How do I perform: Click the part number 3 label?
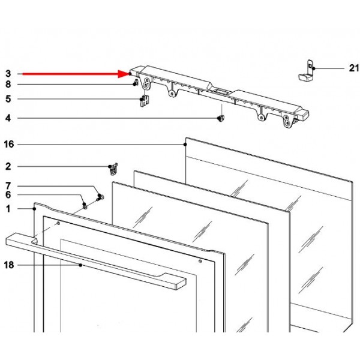click(x=8, y=74)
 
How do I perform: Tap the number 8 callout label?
click(x=8, y=85)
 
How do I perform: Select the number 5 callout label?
click(x=8, y=99)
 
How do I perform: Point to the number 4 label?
click(x=8, y=118)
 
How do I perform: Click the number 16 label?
click(x=9, y=145)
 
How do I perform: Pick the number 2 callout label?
click(x=8, y=166)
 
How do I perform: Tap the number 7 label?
click(x=8, y=186)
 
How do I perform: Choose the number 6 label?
click(x=8, y=195)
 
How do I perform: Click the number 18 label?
click(x=9, y=265)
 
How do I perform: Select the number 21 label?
click(x=354, y=68)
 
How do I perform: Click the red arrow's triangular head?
click(x=124, y=74)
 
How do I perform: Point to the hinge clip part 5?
click(x=145, y=101)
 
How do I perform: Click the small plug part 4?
click(x=221, y=118)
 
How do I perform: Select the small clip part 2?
click(x=113, y=169)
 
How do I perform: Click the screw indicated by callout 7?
click(x=100, y=197)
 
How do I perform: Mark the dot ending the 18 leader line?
click(x=80, y=265)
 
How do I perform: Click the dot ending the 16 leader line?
click(x=185, y=145)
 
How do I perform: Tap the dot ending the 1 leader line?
click(x=34, y=209)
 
